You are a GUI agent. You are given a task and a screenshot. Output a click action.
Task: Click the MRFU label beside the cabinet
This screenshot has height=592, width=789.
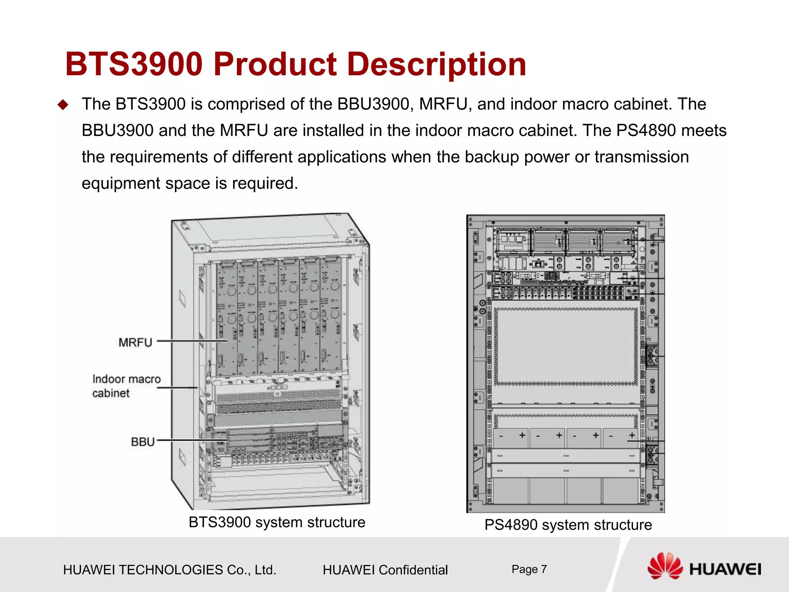pyautogui.click(x=135, y=342)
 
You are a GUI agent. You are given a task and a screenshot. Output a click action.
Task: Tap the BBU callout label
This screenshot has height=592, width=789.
pyautogui.click(x=143, y=442)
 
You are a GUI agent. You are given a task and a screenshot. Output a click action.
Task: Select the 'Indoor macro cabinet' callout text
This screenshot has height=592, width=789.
pyautogui.click(x=126, y=386)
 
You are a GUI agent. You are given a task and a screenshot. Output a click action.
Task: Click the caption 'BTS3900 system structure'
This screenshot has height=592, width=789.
pyautogui.click(x=277, y=522)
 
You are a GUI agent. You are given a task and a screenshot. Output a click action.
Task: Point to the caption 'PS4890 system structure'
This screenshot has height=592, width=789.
pyautogui.click(x=568, y=525)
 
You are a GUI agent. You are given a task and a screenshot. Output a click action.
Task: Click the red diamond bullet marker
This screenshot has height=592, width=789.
pyautogui.click(x=62, y=105)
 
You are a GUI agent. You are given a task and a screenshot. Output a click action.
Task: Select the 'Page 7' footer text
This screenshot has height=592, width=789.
pyautogui.click(x=529, y=569)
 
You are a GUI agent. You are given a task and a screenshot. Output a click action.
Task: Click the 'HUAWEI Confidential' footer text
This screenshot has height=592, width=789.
pyautogui.click(x=385, y=570)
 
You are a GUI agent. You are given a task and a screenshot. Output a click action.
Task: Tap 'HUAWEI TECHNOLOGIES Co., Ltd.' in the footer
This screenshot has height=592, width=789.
pyautogui.click(x=170, y=570)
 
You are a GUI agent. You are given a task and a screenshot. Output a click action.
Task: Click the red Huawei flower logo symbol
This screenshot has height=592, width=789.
pyautogui.click(x=665, y=566)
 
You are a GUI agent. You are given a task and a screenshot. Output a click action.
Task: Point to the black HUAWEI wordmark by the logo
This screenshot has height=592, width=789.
pyautogui.click(x=725, y=569)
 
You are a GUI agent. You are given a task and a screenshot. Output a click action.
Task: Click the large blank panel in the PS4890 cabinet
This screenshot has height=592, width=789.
pyautogui.click(x=566, y=346)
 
